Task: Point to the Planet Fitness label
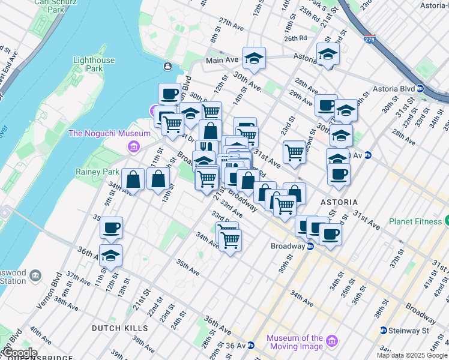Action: click(x=415, y=221)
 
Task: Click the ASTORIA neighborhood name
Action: click(x=339, y=202)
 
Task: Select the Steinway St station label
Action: click(x=424, y=331)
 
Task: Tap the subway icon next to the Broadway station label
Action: click(x=310, y=246)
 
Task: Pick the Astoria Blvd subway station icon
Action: click(x=421, y=89)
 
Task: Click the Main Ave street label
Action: click(x=223, y=60)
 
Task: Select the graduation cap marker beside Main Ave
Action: click(x=254, y=58)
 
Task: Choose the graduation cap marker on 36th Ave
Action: click(x=110, y=254)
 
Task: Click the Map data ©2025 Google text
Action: click(x=412, y=355)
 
